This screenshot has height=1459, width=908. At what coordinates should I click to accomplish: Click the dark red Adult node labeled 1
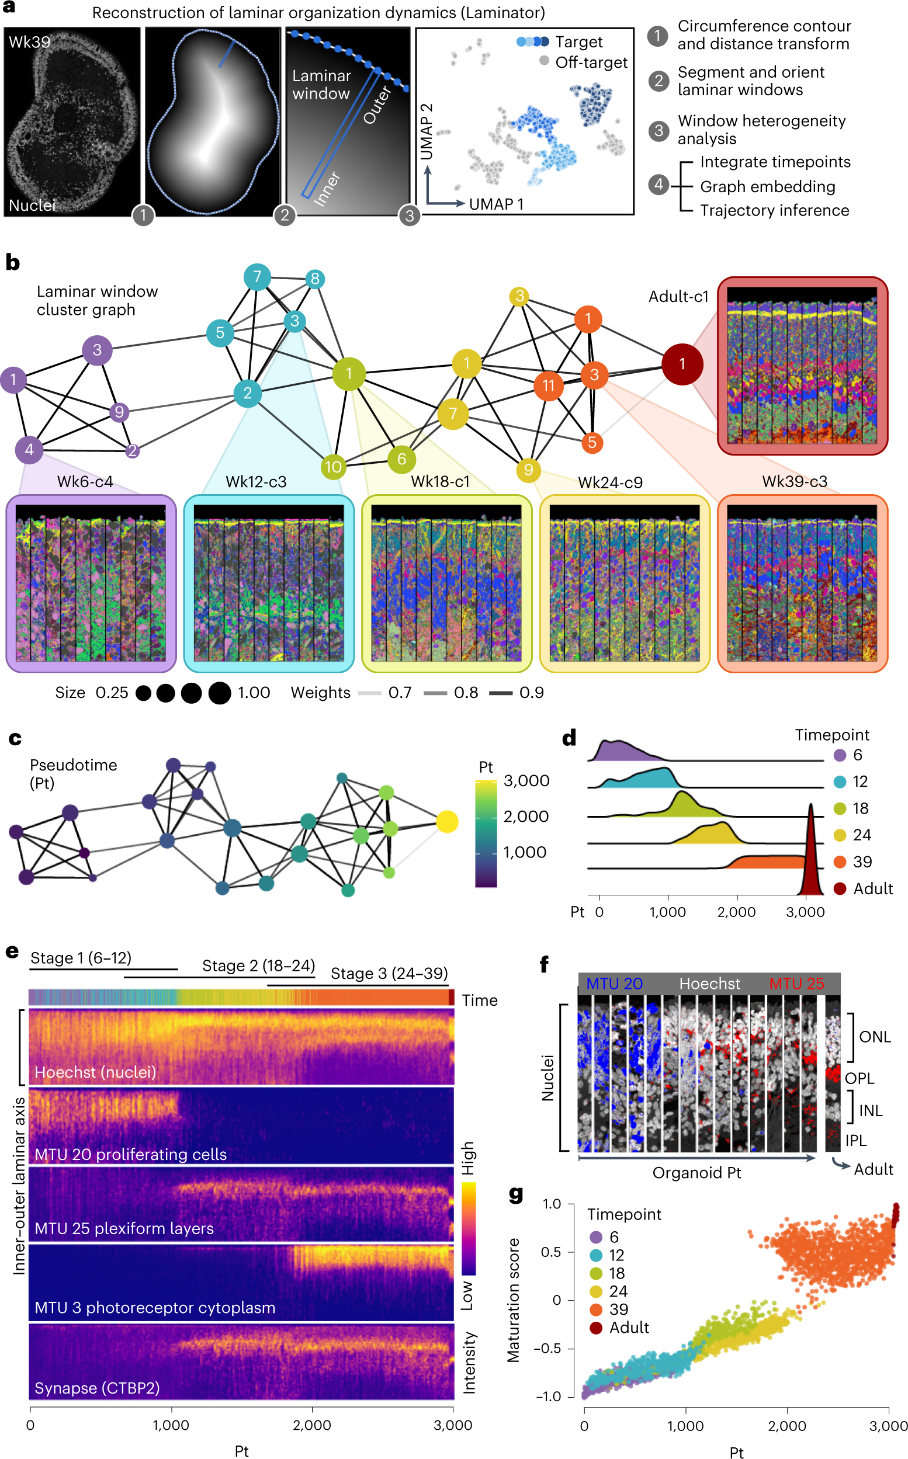click(682, 364)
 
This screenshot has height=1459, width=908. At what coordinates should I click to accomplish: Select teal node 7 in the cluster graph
click(257, 277)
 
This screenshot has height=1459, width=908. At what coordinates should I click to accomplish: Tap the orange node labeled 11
click(548, 385)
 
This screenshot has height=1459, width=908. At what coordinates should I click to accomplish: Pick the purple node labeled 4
click(29, 450)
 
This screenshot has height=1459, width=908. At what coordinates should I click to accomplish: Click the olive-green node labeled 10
click(332, 467)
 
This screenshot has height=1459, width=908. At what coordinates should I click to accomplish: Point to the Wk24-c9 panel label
click(610, 482)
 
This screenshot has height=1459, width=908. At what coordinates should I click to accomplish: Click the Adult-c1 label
click(678, 297)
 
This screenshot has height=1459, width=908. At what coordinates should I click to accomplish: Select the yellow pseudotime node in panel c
click(447, 822)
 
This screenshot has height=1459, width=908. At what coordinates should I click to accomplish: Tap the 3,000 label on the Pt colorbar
click(526, 781)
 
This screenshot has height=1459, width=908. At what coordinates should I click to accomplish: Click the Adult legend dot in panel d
click(840, 889)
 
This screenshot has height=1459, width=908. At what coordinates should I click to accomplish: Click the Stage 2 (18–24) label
click(258, 965)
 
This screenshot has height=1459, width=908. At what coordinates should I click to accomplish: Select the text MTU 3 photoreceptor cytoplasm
click(155, 1308)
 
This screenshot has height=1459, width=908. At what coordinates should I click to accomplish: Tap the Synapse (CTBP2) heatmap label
click(97, 1388)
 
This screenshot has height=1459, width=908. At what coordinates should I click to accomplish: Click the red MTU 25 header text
click(796, 984)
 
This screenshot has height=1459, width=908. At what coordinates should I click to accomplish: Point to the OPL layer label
click(860, 1079)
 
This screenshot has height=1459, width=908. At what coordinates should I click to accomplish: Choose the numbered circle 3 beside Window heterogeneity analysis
click(659, 130)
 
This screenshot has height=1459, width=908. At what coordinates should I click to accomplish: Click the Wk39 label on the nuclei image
click(29, 42)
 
